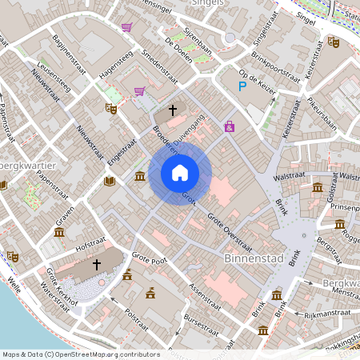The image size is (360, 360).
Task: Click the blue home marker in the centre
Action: pyautogui.click(x=180, y=172)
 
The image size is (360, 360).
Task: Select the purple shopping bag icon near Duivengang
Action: pyautogui.click(x=230, y=126)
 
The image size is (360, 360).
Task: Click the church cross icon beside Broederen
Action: pyautogui.click(x=172, y=110)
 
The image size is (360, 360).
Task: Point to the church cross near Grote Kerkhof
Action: pyautogui.click(x=98, y=263)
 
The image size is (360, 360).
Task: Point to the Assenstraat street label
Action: pyautogui.click(x=204, y=295)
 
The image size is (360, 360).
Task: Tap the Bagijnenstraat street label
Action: pyautogui.click(x=67, y=50)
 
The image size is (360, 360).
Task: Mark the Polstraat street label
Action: pyautogui.click(x=132, y=321)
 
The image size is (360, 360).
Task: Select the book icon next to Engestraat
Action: pyautogui.click(x=109, y=182)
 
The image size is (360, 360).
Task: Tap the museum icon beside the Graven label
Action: pyautogui.click(x=58, y=232)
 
